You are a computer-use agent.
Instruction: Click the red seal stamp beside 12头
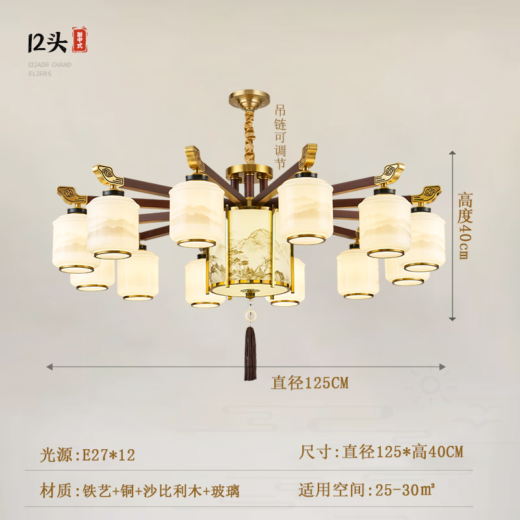80,40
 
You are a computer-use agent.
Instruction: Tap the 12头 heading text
47,42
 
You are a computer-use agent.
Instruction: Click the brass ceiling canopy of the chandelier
250,99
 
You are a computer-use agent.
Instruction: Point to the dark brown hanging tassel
250,353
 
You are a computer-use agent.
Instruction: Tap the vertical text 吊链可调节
280,137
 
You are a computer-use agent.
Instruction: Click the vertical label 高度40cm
465,226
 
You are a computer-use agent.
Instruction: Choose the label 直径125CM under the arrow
310,383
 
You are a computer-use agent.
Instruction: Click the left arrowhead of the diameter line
50,367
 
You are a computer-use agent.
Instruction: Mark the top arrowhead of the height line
452,153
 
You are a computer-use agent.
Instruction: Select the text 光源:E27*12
88,454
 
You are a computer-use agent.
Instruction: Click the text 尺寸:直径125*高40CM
381,452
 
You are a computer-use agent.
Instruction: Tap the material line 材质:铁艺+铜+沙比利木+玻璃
140,491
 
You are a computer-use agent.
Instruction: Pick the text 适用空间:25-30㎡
367,489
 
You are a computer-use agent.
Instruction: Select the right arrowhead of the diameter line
442,367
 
